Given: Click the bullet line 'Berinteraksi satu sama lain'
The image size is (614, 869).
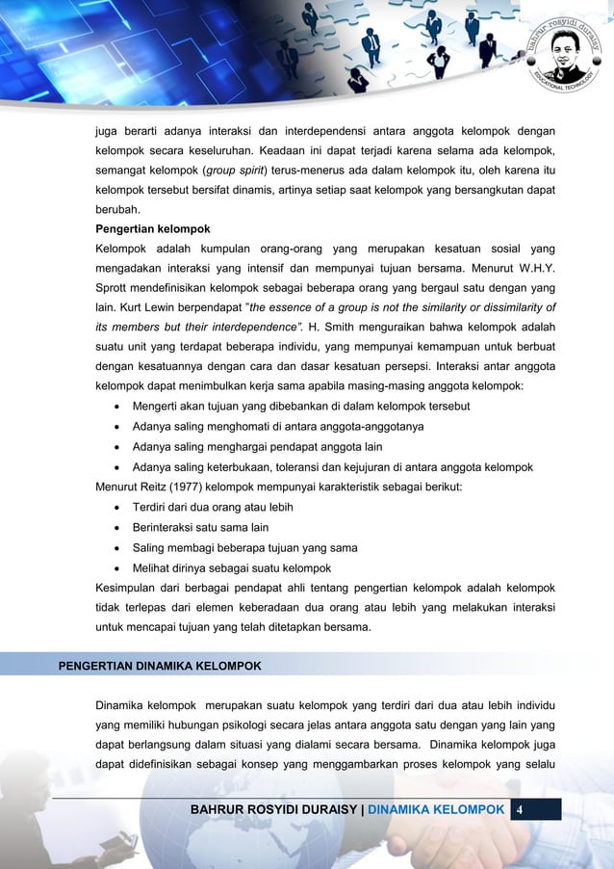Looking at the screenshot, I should click(x=200, y=527).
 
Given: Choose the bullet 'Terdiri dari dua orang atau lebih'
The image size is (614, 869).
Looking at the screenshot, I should click(x=213, y=507).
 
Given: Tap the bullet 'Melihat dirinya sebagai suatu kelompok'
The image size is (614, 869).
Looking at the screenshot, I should click(x=231, y=567).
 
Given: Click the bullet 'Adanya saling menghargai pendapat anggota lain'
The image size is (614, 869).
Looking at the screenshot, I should click(x=258, y=446).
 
